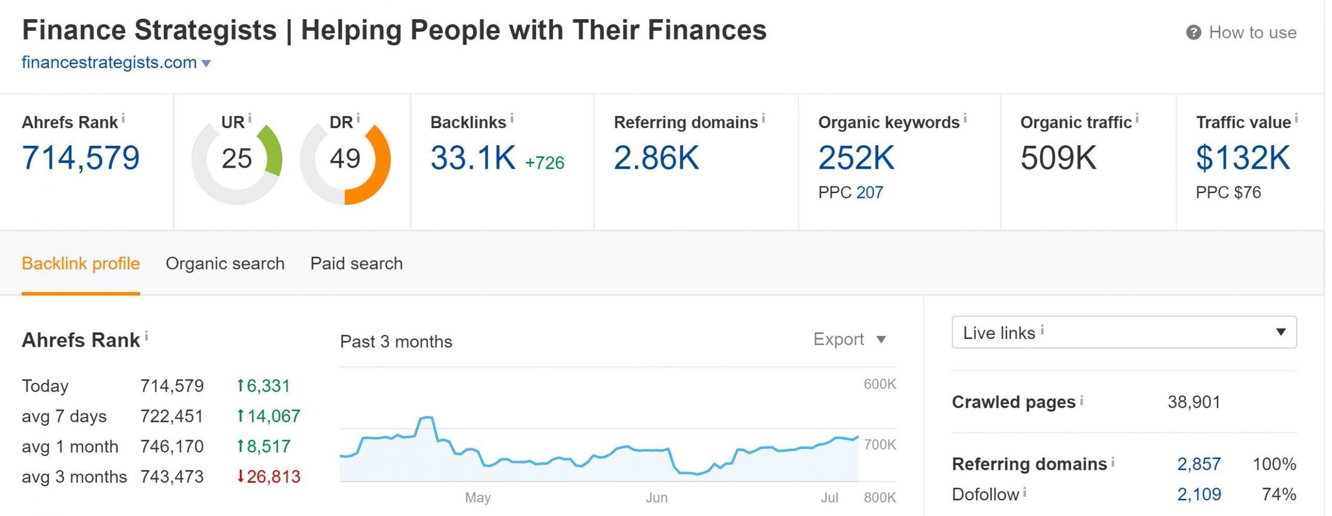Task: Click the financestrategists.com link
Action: pyautogui.click(x=109, y=62)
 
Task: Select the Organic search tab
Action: pyautogui.click(x=225, y=263)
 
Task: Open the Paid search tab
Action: pyautogui.click(x=356, y=263)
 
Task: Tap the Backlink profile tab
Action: pyautogui.click(x=81, y=263)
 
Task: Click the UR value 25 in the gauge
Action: pyautogui.click(x=236, y=158)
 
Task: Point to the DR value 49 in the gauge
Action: pyautogui.click(x=344, y=158)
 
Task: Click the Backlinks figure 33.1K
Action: pyautogui.click(x=472, y=158)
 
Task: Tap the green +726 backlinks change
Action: pyautogui.click(x=544, y=163)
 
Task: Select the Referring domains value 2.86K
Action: pyautogui.click(x=656, y=158)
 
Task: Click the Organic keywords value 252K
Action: pyautogui.click(x=856, y=158)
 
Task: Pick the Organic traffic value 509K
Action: pyautogui.click(x=1058, y=158)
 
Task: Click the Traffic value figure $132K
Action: pyautogui.click(x=1243, y=158)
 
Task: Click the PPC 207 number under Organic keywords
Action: pyautogui.click(x=869, y=193)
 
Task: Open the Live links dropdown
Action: pyautogui.click(x=1124, y=332)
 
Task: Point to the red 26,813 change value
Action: pyautogui.click(x=273, y=476)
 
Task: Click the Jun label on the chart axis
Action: pyautogui.click(x=656, y=498)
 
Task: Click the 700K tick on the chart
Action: pyautogui.click(x=879, y=445)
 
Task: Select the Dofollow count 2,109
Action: pyautogui.click(x=1199, y=494)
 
